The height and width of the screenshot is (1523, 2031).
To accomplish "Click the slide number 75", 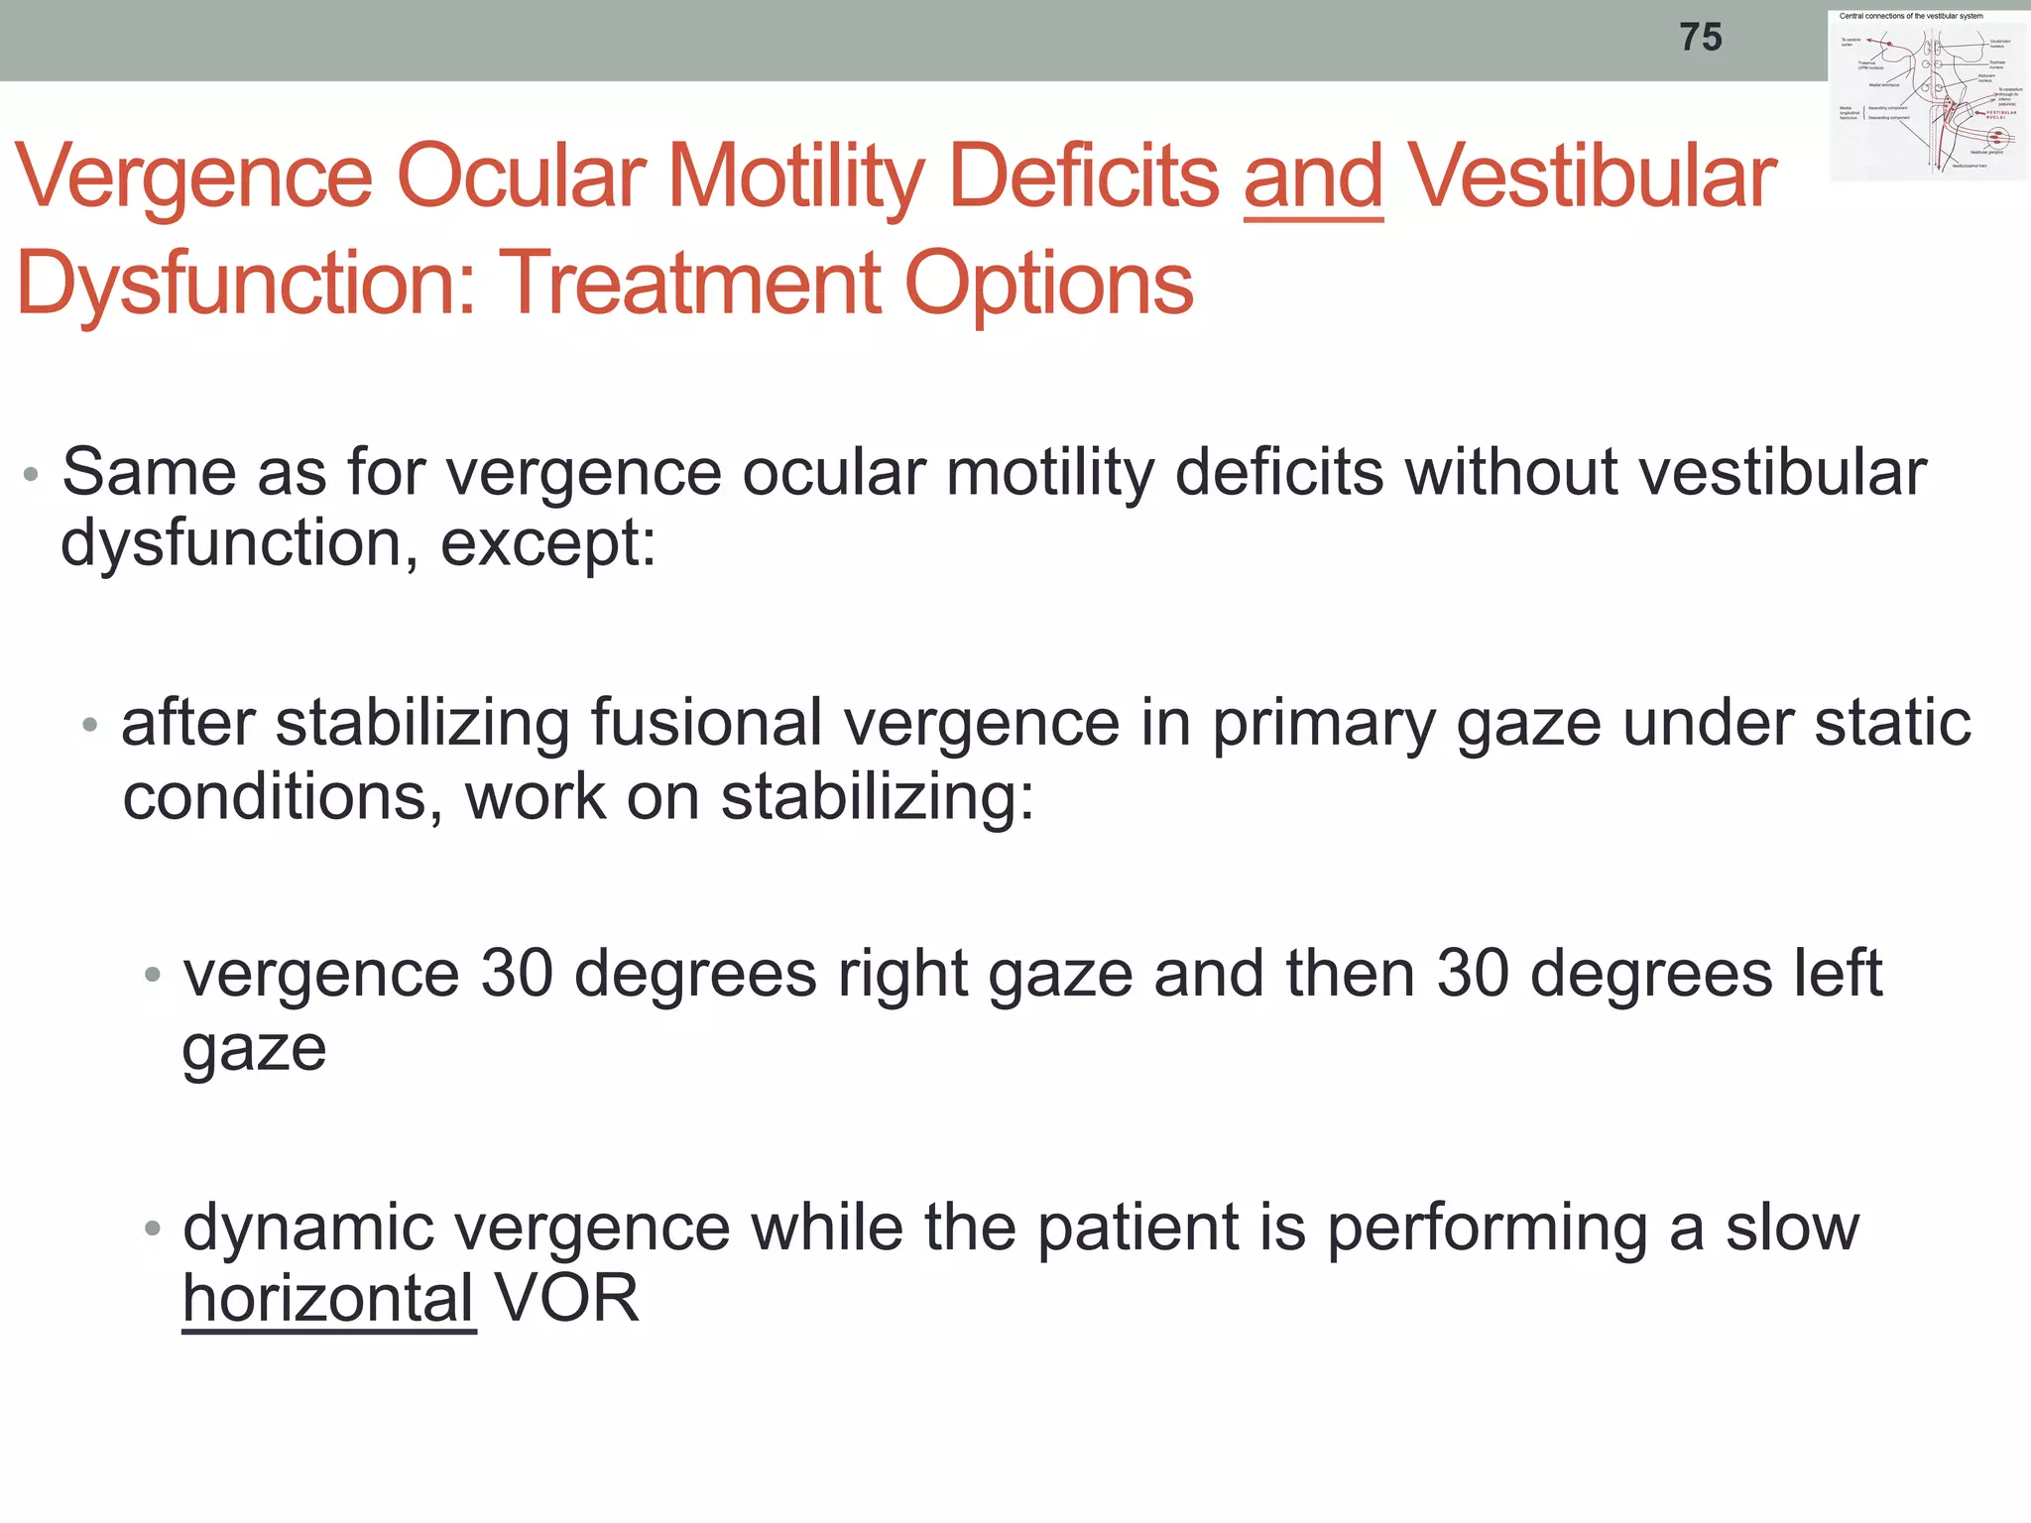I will pyautogui.click(x=1701, y=38).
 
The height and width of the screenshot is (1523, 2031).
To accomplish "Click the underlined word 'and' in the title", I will pyautogui.click(x=1313, y=178).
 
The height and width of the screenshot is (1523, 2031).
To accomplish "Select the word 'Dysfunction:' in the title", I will pyautogui.click(x=247, y=285).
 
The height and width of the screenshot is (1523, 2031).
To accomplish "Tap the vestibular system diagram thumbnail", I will pyautogui.click(x=1928, y=96).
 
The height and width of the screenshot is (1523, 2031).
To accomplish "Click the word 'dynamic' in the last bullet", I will pyautogui.click(x=308, y=1228).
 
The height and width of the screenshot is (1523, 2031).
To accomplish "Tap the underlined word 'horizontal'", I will pyautogui.click(x=328, y=1299).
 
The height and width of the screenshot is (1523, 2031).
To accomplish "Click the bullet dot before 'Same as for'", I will pyautogui.click(x=31, y=474).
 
